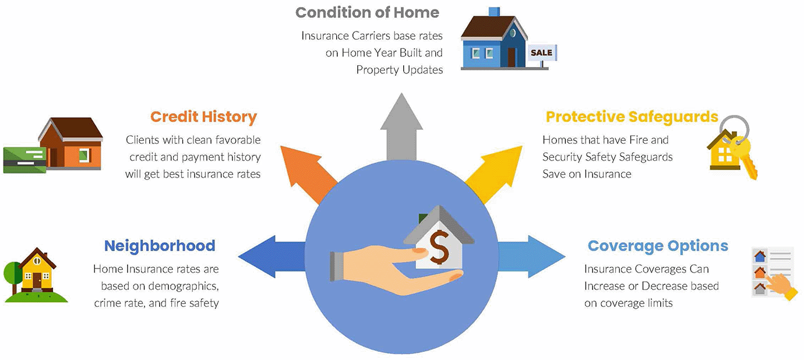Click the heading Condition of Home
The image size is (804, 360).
pyautogui.click(x=367, y=12)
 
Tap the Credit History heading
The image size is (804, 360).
pyautogui.click(x=203, y=117)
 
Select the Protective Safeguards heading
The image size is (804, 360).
pyautogui.click(x=632, y=117)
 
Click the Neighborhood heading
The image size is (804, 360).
pyautogui.click(x=160, y=246)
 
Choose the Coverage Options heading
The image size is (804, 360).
pyautogui.click(x=658, y=246)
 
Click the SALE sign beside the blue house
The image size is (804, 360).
pyautogui.click(x=541, y=53)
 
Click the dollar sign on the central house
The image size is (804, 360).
pyautogui.click(x=440, y=247)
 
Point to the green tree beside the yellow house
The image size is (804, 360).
pyautogui.click(x=12, y=273)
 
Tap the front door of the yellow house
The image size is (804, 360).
pyautogui.click(x=37, y=281)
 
